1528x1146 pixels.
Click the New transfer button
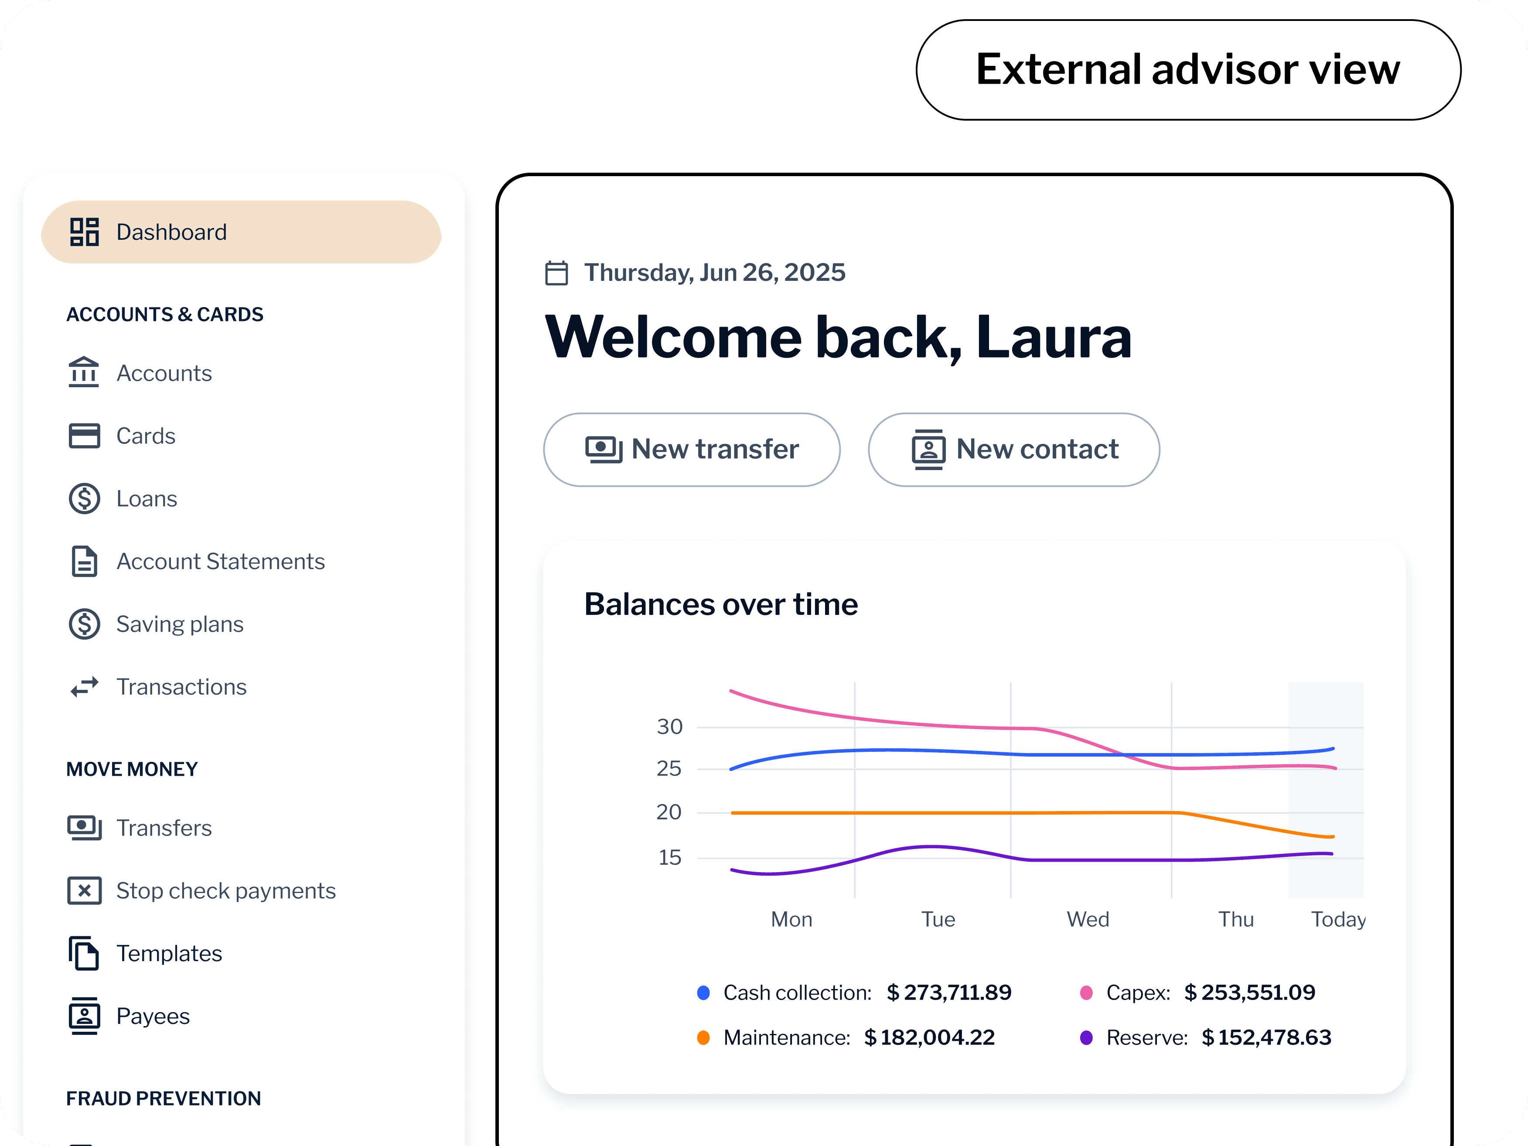[x=692, y=450]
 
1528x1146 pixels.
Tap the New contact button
[x=1013, y=450]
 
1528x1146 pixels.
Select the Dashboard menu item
[x=241, y=232]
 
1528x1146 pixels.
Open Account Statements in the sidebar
[x=220, y=562]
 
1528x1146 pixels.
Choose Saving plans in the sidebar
[x=180, y=624]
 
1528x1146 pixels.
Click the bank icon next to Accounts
[x=84, y=373]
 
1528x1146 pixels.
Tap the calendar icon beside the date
[x=557, y=273]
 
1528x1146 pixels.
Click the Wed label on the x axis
[x=1088, y=919]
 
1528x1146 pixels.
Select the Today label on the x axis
[x=1338, y=919]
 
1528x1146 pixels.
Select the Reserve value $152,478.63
[x=1266, y=1037]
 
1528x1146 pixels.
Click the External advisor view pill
[x=1188, y=70]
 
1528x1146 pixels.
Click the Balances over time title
[x=720, y=604]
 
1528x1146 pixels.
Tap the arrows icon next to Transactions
[x=84, y=687]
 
